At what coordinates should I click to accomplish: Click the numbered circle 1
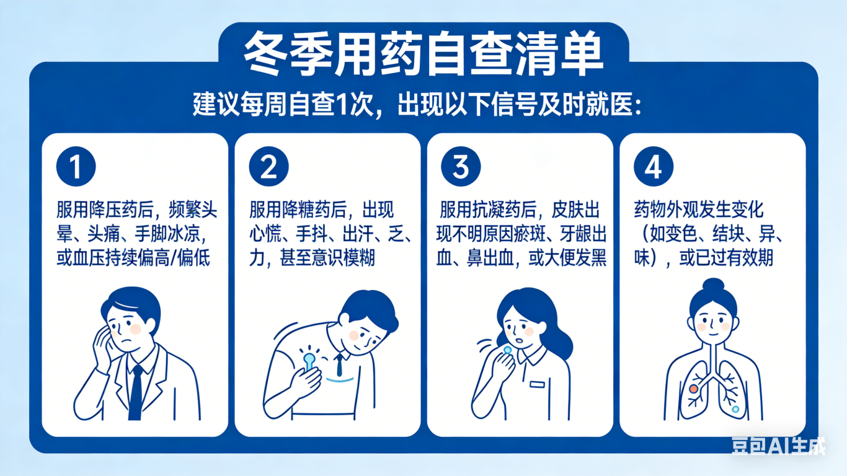coord(76,166)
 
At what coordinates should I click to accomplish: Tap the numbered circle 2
coord(269,166)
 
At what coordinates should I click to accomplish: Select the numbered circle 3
coord(461,166)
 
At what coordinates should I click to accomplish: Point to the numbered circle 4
coord(654,166)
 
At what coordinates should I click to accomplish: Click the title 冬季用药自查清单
coord(423,54)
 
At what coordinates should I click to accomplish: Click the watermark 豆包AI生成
coord(778,446)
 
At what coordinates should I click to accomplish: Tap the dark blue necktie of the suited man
coord(136,392)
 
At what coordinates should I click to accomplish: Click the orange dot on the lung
coord(693,389)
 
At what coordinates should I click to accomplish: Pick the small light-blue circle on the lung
coord(735,409)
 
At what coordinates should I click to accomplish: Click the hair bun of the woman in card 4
coord(713,286)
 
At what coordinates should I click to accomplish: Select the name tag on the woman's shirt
coord(537,384)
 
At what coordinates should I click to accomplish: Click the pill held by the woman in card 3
coord(507,350)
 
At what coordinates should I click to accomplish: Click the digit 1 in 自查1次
coord(341,104)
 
